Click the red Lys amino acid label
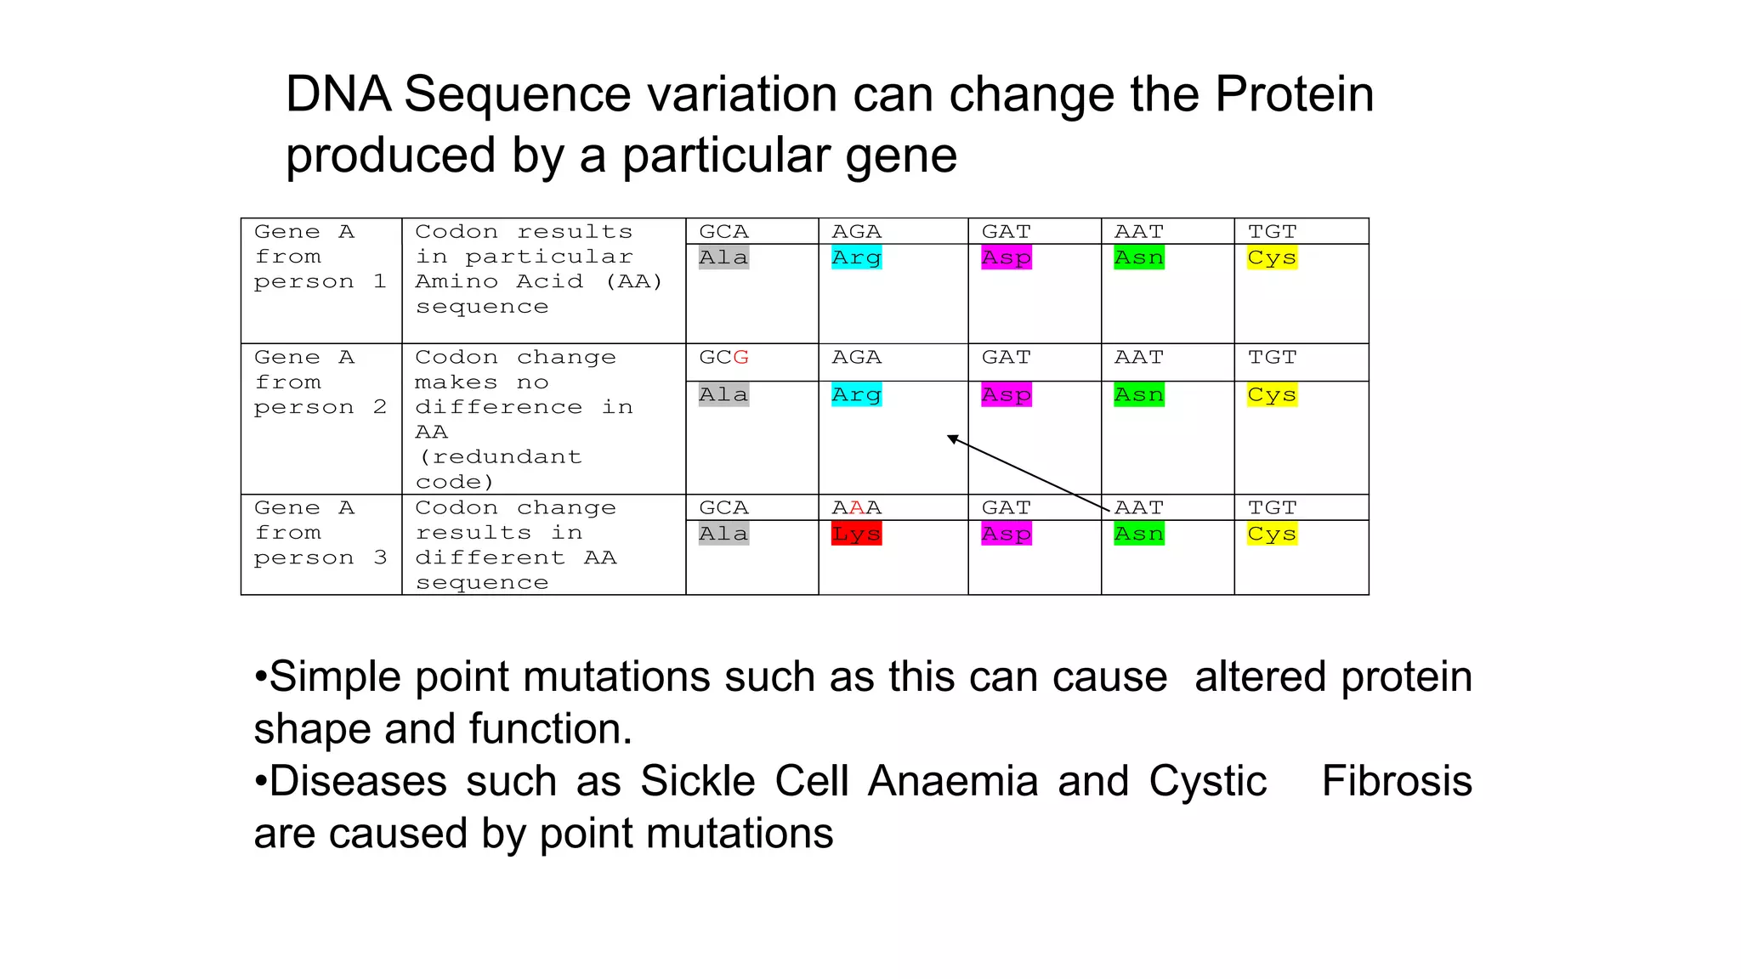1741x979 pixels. (856, 534)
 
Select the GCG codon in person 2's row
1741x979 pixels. (723, 358)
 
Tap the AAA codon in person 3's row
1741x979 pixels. (856, 508)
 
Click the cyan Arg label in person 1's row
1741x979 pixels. (856, 257)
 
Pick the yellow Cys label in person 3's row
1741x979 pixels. (1272, 534)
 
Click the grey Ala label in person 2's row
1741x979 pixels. (723, 394)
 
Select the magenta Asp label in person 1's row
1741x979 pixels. (1007, 257)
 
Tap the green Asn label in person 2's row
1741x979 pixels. (1139, 394)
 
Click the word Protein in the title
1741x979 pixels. (1294, 93)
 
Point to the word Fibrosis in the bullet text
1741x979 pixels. (1397, 781)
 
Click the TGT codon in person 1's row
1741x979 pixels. (1272, 232)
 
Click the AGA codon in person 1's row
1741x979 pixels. (856, 232)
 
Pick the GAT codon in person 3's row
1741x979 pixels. (1007, 508)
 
